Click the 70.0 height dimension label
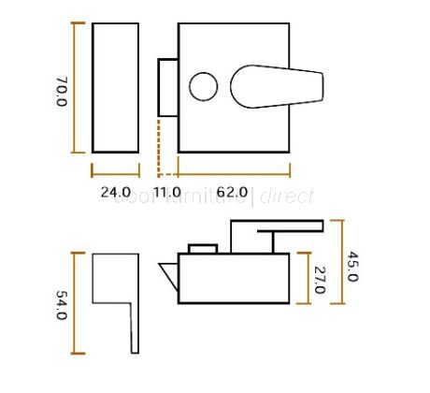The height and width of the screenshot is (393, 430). click(61, 92)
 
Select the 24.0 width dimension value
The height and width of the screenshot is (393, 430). click(115, 195)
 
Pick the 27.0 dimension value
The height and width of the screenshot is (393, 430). click(318, 278)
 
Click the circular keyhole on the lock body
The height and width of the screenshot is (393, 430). click(203, 88)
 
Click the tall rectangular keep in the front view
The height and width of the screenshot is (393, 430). click(115, 87)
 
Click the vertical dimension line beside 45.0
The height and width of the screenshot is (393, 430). click(342, 262)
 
